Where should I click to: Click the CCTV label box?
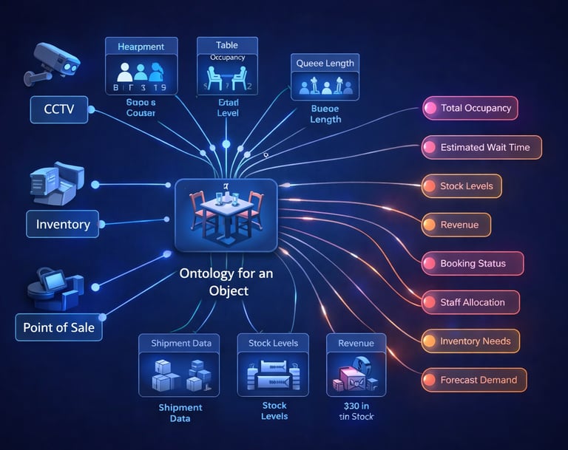pyautogui.click(x=58, y=110)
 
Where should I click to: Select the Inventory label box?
pyautogui.click(x=63, y=223)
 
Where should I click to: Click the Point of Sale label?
pyautogui.click(x=59, y=327)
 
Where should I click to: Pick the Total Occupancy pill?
pyautogui.click(x=470, y=108)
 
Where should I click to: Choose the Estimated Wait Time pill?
pyautogui.click(x=481, y=147)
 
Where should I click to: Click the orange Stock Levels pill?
pyautogui.click(x=461, y=186)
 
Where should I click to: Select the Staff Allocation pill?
pyautogui.click(x=470, y=302)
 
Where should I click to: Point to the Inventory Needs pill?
pyautogui.click(x=470, y=341)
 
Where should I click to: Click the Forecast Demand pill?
pyautogui.click(x=474, y=381)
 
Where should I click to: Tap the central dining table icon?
pyautogui.click(x=226, y=214)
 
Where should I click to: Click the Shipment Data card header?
pyautogui.click(x=180, y=343)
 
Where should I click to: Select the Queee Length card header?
pyautogui.click(x=325, y=64)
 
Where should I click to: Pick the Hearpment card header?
pyautogui.click(x=141, y=47)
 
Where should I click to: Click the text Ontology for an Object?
pyautogui.click(x=226, y=282)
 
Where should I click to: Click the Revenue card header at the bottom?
pyautogui.click(x=356, y=343)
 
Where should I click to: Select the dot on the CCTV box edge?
pyautogui.click(x=90, y=110)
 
